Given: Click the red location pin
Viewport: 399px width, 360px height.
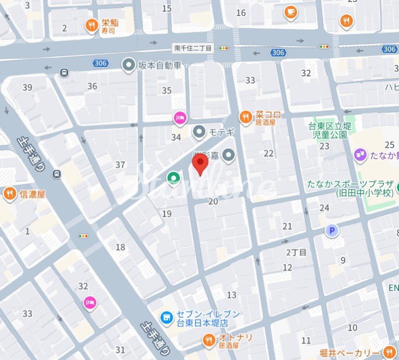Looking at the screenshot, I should coord(200,164).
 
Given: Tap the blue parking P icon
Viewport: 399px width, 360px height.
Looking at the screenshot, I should coord(331,230).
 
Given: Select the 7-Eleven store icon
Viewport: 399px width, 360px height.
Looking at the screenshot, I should coord(167,317).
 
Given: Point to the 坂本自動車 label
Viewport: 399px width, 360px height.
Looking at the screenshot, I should coord(160,65).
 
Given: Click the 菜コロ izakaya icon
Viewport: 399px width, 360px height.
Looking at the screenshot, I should coord(245,117).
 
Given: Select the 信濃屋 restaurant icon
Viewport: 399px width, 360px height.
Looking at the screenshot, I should coord(9,193).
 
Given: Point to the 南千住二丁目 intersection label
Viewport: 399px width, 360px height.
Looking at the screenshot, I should coord(193,48).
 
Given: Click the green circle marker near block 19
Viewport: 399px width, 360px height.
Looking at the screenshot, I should coord(173,177).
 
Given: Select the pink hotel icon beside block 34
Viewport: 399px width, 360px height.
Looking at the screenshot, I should coord(180,118).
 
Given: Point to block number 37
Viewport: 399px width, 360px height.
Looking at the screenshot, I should coord(120,165).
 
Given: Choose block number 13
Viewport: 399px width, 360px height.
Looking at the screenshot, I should coord(231,295).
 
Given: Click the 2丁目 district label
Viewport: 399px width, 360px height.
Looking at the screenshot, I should coord(296,252).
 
